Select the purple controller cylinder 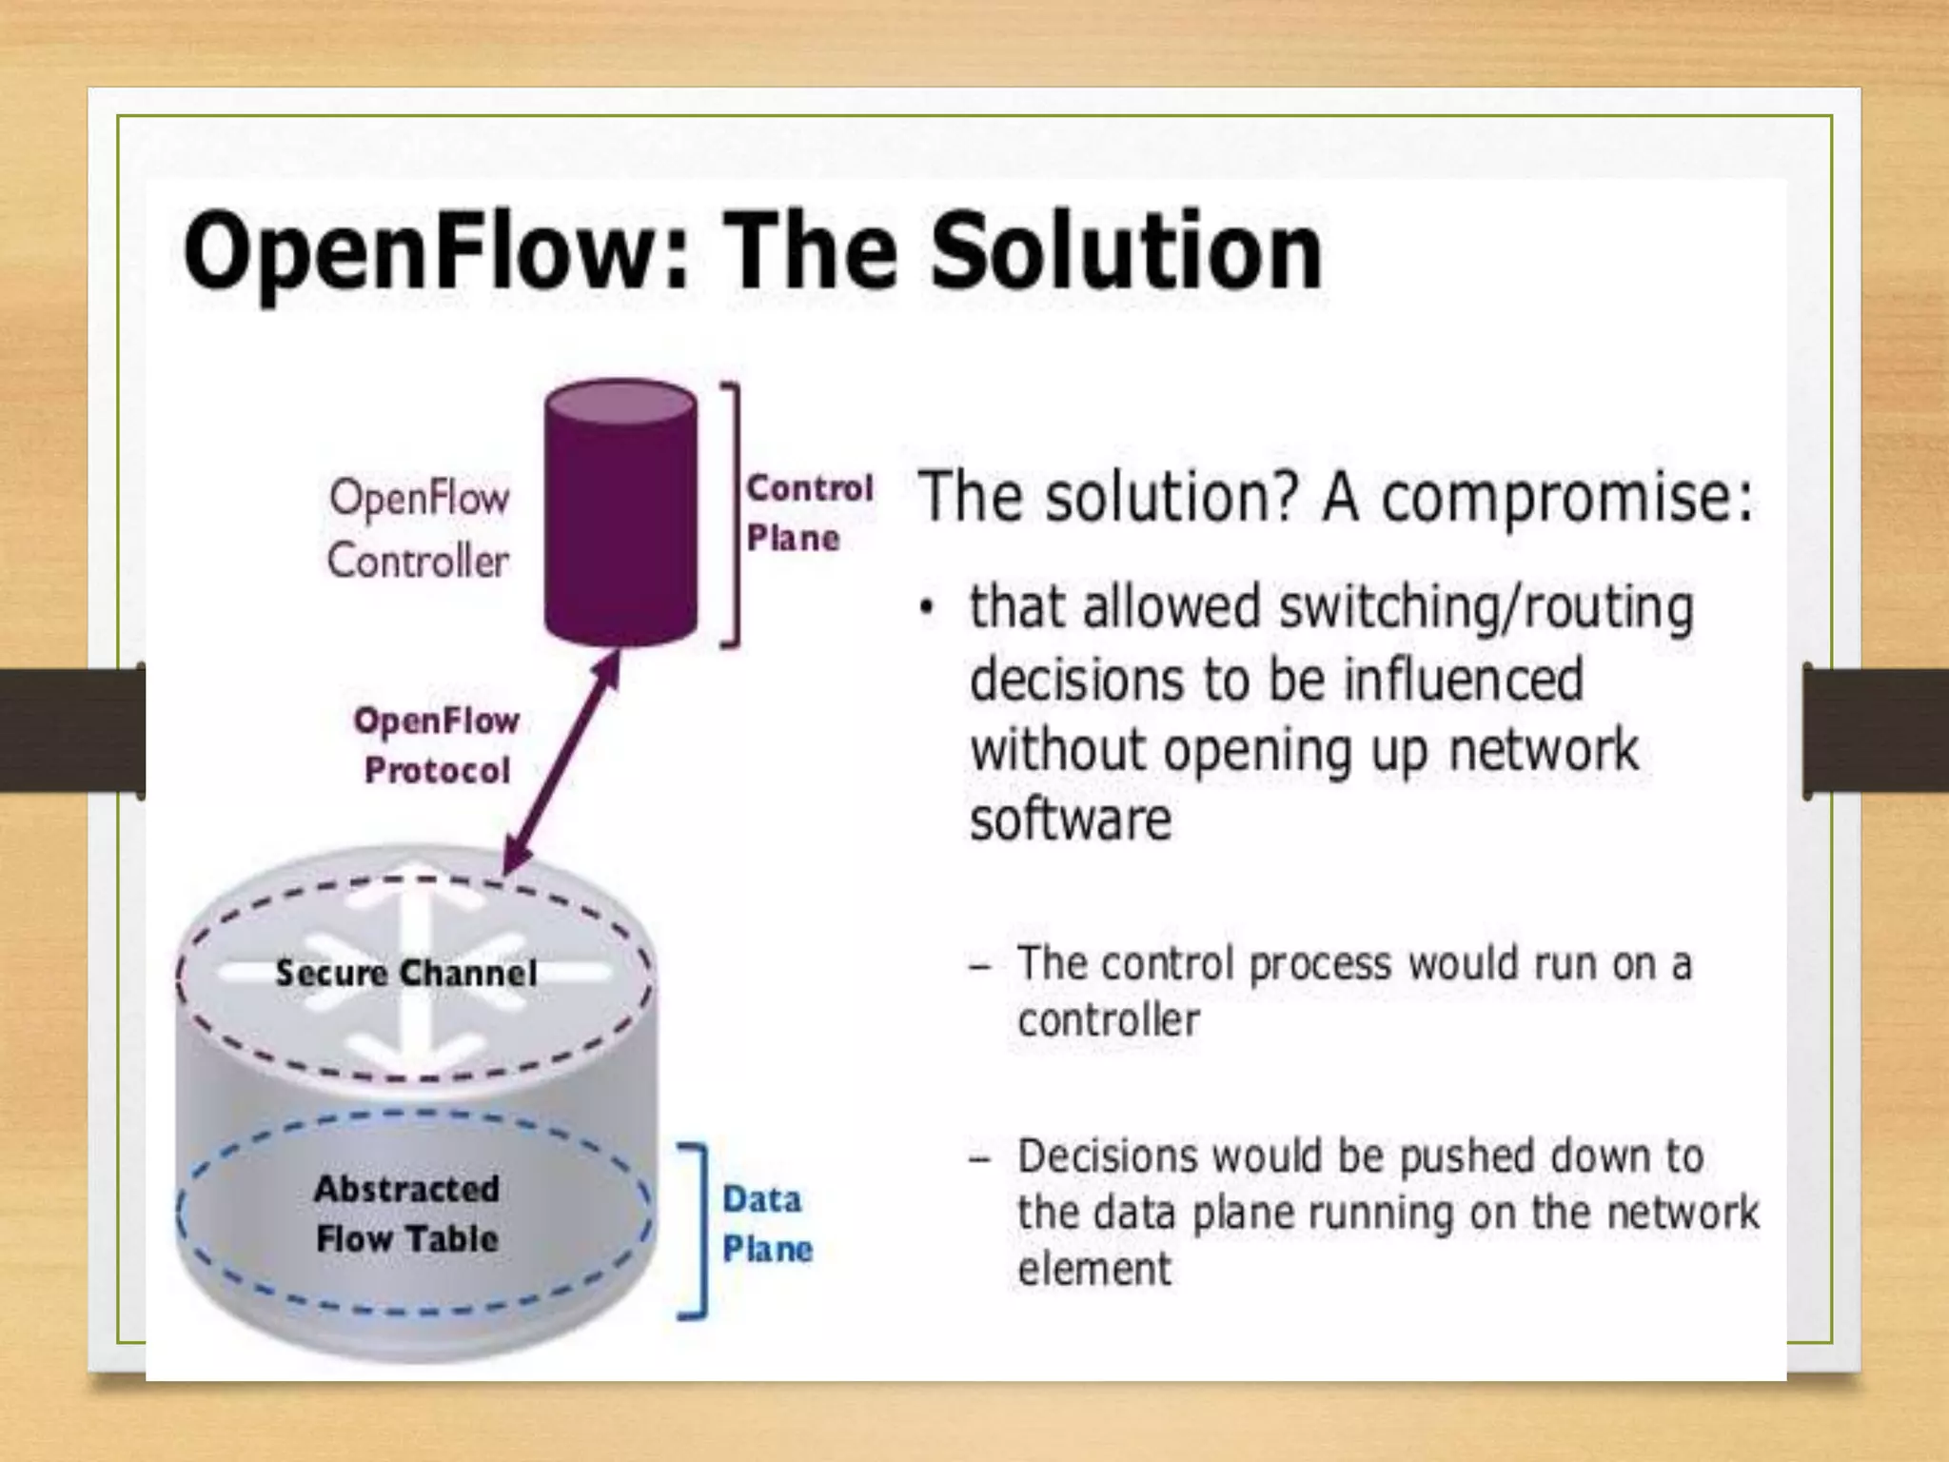620,514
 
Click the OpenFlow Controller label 419,529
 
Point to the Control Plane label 808,513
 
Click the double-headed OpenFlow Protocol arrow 562,762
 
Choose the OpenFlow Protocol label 437,745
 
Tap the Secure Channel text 406,973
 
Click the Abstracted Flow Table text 406,1214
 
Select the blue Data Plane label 767,1224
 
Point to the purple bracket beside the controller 732,514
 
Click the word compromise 1565,498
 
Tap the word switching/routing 1486,608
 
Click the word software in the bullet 1071,820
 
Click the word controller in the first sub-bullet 1109,1021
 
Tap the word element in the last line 1094,1270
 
